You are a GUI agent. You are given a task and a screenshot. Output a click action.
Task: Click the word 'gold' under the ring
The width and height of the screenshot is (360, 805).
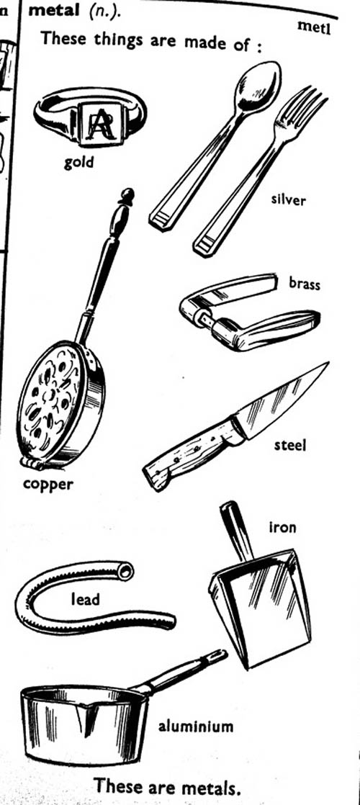tap(78, 163)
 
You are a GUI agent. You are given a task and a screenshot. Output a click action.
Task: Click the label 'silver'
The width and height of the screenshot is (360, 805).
tap(288, 199)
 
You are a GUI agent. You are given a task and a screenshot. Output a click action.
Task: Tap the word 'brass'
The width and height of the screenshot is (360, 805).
tap(305, 284)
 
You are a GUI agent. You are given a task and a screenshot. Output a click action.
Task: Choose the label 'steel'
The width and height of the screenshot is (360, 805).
tap(289, 444)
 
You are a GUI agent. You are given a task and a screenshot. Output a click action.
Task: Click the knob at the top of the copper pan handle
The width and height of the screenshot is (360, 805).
tap(126, 197)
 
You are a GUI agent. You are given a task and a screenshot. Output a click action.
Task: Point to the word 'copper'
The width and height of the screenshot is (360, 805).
tap(48, 484)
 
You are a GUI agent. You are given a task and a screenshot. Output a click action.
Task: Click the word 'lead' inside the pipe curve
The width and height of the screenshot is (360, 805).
tap(85, 598)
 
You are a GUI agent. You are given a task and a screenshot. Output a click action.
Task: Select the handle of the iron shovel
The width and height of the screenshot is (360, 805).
tap(236, 531)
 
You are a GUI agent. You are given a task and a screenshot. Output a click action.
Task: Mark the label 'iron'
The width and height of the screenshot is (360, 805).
tap(282, 527)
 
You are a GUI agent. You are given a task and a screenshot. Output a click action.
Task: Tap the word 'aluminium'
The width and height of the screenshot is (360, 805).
tap(196, 727)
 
